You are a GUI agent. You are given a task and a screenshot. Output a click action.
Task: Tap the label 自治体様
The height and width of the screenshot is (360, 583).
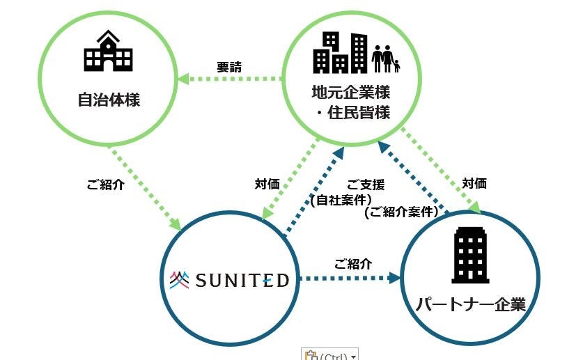(109, 100)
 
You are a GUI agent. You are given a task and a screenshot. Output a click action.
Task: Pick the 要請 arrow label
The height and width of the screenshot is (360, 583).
(228, 68)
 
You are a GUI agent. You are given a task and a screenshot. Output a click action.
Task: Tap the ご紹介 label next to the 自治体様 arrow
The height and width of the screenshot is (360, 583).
(105, 186)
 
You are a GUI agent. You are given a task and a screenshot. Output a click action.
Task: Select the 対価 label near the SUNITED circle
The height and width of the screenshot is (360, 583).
(267, 185)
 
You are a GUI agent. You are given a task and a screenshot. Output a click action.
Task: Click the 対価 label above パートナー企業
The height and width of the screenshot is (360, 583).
(474, 184)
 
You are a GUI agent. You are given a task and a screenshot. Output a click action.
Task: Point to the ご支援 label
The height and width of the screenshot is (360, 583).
(366, 185)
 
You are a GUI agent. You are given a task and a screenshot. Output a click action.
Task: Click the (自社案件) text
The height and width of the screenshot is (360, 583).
(340, 200)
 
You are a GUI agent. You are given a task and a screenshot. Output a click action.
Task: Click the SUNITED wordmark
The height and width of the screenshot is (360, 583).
(242, 281)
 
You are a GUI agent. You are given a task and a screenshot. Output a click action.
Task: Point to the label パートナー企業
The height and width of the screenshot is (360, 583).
(470, 304)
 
